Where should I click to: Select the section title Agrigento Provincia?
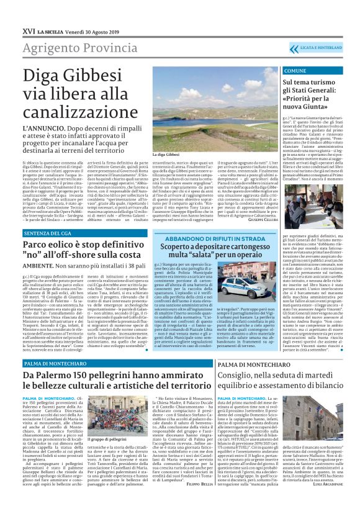[x=68, y=32]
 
